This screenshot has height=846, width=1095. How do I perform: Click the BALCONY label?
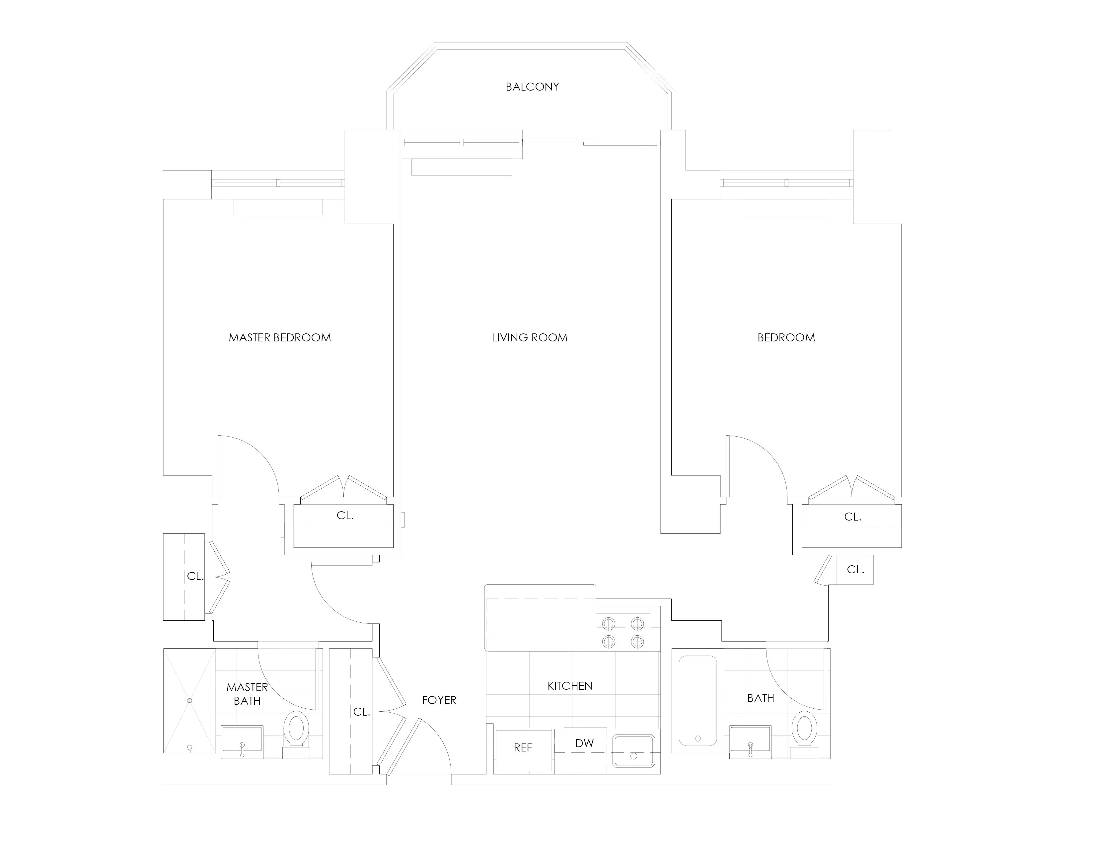[532, 87]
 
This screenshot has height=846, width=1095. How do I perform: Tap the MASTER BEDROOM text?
[280, 338]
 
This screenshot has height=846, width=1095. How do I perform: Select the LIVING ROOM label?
[530, 338]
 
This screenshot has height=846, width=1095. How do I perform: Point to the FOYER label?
[439, 700]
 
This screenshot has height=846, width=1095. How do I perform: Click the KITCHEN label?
[569, 686]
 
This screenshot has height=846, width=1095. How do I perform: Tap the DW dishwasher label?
[584, 743]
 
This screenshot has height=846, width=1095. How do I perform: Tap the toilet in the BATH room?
[805, 734]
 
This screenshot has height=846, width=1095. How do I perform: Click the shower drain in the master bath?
[189, 701]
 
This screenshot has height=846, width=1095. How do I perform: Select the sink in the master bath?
[242, 739]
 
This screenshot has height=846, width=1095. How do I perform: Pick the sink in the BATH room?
[751, 739]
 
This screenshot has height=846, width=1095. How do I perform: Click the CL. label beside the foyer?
[361, 712]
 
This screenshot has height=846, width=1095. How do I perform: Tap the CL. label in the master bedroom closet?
[345, 515]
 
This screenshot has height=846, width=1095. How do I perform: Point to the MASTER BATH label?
[247, 694]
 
